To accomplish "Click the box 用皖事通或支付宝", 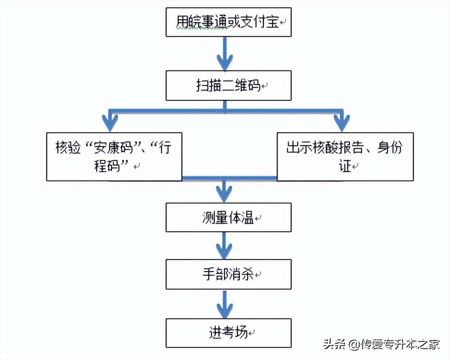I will point(228,22).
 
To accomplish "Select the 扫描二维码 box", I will point(228,86).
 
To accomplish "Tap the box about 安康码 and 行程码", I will point(114,156).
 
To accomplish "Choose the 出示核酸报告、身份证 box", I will point(344,156).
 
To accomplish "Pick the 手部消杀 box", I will point(228,274).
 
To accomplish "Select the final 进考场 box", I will point(228,332).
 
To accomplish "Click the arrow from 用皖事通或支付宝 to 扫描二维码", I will point(225,53).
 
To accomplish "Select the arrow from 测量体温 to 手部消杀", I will point(225,245).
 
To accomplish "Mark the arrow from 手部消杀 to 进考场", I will point(225,304).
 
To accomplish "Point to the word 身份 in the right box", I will point(390,148).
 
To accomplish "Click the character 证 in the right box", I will point(345,166).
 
